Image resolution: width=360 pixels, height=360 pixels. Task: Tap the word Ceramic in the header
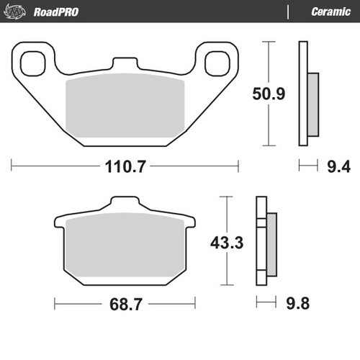tap(330, 12)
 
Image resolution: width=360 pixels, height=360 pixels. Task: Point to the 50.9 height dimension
tap(268, 93)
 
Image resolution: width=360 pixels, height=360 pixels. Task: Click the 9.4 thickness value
tap(339, 167)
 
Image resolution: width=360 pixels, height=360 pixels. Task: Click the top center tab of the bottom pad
tap(125, 203)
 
